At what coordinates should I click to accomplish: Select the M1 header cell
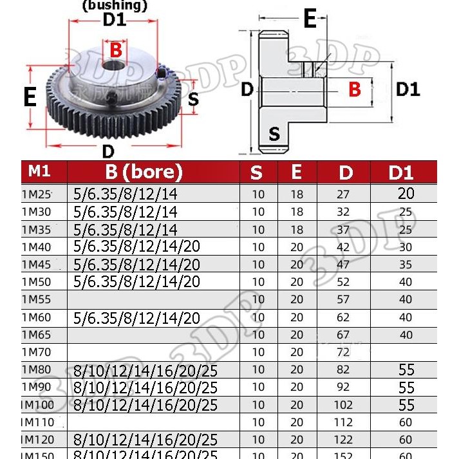tap(39, 172)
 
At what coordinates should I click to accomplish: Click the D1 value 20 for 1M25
tap(406, 193)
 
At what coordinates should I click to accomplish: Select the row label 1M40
tap(36, 247)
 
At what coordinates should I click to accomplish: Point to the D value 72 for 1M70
tap(344, 352)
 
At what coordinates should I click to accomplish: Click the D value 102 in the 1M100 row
tap(344, 405)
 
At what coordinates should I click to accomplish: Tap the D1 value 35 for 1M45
tap(406, 264)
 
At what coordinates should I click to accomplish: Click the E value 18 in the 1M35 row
tap(297, 229)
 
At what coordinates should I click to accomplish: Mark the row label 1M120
tap(38, 440)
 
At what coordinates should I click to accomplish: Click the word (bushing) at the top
tap(115, 6)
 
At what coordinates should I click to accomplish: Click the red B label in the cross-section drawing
tap(355, 89)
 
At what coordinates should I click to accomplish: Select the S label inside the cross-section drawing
tap(275, 134)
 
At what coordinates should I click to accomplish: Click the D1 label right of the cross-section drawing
tap(407, 89)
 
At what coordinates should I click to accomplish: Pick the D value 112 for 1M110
tap(344, 422)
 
